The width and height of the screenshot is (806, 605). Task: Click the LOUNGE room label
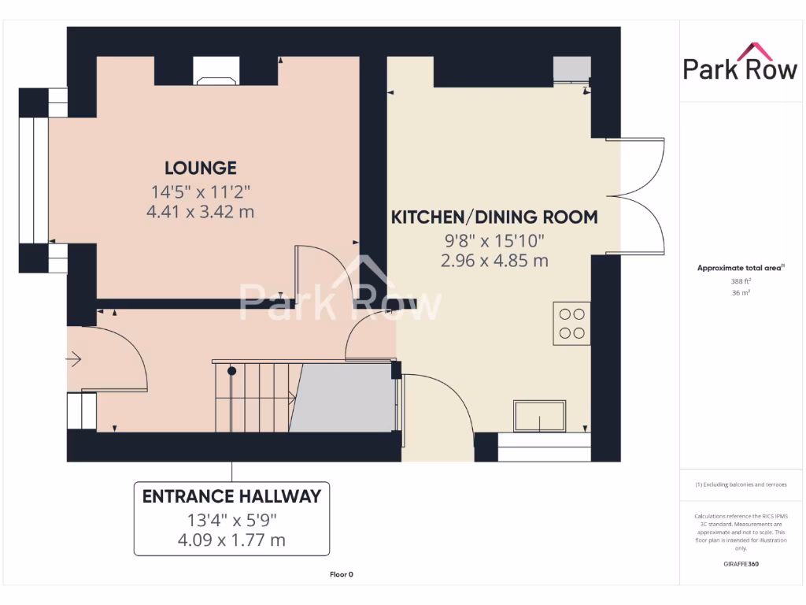tap(200, 168)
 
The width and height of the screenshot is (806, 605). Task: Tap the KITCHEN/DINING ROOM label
tap(494, 217)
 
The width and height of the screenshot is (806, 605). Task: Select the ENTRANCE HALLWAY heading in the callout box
tap(231, 496)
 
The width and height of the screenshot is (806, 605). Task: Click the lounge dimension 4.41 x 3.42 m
tap(200, 212)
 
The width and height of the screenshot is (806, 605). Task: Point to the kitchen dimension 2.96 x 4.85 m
tap(494, 261)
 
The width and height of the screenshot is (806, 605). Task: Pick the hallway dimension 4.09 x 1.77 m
tap(231, 540)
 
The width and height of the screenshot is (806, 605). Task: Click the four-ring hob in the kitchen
tap(572, 323)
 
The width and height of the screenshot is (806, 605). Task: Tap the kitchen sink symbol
tap(540, 416)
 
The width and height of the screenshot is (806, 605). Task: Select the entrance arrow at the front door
tap(75, 360)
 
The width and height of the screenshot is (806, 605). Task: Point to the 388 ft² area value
tap(740, 281)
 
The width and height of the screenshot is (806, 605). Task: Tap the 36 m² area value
tap(740, 293)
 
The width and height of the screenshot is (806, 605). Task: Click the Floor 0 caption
tap(341, 574)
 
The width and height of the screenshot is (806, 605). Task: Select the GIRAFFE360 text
tap(741, 564)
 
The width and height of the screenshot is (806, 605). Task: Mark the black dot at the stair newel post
tap(231, 370)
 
